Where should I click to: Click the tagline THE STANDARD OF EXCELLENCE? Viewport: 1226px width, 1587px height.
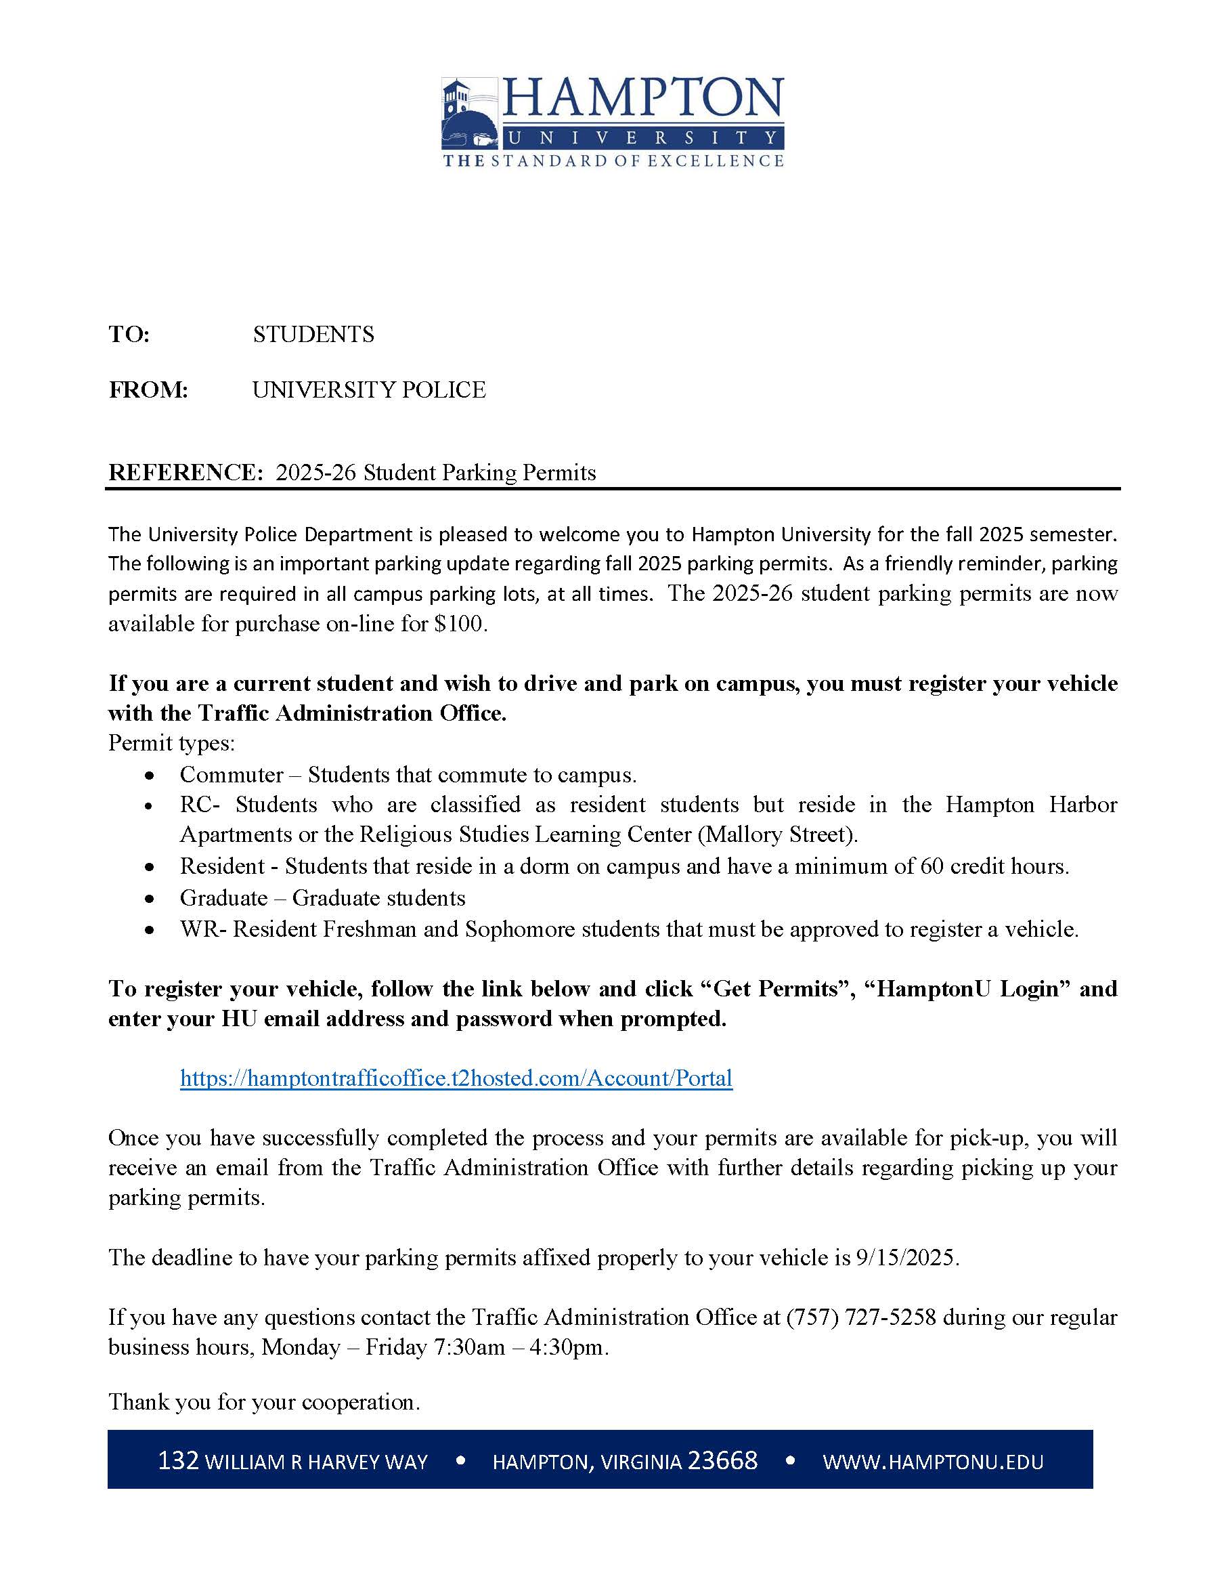pos(613,161)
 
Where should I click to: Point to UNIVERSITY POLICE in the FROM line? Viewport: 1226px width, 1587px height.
pos(368,390)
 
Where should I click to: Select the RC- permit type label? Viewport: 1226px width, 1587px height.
pos(200,805)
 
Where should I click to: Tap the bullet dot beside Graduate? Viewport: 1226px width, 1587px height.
pos(150,899)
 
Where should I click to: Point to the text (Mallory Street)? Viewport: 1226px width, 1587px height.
pos(777,834)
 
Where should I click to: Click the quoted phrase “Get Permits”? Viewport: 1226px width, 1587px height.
pos(776,989)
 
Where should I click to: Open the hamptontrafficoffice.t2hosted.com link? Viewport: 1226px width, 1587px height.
pos(456,1078)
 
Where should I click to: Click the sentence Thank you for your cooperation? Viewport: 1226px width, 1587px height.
pos(265,1401)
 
